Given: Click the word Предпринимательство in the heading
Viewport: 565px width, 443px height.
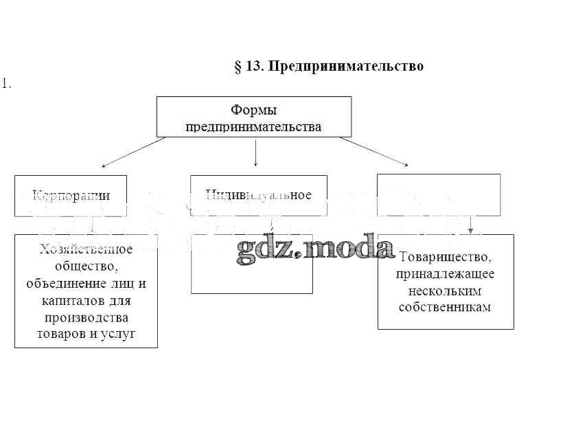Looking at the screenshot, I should [345, 66].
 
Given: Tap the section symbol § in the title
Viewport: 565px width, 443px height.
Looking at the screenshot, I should [239, 66].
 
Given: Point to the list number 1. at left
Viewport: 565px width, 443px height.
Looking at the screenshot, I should [7, 84].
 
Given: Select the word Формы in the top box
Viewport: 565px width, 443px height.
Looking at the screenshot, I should [254, 110].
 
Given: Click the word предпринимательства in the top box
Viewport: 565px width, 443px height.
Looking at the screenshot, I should [254, 126].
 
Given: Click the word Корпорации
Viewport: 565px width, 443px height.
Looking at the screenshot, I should [71, 195].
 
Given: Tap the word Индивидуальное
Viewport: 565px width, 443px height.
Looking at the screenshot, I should [259, 194].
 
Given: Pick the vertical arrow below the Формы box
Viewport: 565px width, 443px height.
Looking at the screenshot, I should [255, 152].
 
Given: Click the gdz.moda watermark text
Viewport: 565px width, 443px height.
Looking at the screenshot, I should [315, 248].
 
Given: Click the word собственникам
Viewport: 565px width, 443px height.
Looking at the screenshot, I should [445, 306].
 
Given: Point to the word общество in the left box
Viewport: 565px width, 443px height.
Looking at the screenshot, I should [86, 266].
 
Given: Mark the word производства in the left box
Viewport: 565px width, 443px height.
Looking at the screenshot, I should [86, 317].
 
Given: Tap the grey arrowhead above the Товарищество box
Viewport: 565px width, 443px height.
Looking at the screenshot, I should [470, 230].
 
